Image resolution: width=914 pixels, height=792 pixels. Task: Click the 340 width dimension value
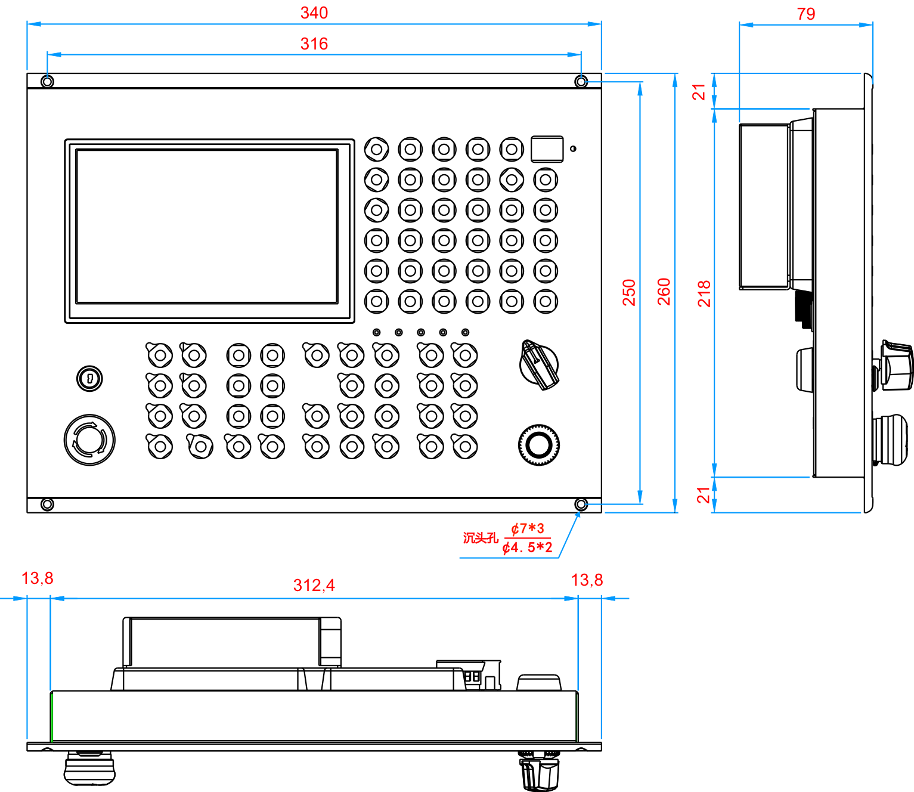[314, 13]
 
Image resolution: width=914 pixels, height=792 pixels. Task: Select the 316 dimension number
[314, 44]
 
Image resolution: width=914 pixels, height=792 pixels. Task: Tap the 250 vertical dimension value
[629, 292]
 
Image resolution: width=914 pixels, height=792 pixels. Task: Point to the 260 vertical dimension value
[664, 292]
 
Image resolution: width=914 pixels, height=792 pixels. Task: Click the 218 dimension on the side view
[705, 293]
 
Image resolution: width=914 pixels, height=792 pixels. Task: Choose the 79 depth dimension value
[805, 14]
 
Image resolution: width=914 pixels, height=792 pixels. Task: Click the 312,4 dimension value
[314, 586]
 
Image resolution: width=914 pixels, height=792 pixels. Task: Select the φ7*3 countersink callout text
[528, 529]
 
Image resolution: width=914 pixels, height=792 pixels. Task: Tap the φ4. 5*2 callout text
[528, 547]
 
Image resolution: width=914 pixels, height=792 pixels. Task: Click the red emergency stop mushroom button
[89, 440]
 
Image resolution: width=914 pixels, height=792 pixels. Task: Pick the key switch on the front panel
[90, 378]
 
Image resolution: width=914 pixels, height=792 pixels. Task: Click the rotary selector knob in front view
[539, 364]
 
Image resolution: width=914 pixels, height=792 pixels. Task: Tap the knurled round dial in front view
[539, 445]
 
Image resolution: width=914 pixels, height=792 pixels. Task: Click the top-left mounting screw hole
[48, 81]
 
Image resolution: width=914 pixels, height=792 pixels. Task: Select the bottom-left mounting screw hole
[47, 505]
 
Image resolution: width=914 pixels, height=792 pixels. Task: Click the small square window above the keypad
[547, 149]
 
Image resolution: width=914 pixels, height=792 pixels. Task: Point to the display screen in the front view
[207, 227]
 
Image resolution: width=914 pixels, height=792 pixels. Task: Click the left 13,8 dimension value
[38, 578]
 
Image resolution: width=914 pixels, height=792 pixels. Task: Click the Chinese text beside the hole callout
[481, 538]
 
